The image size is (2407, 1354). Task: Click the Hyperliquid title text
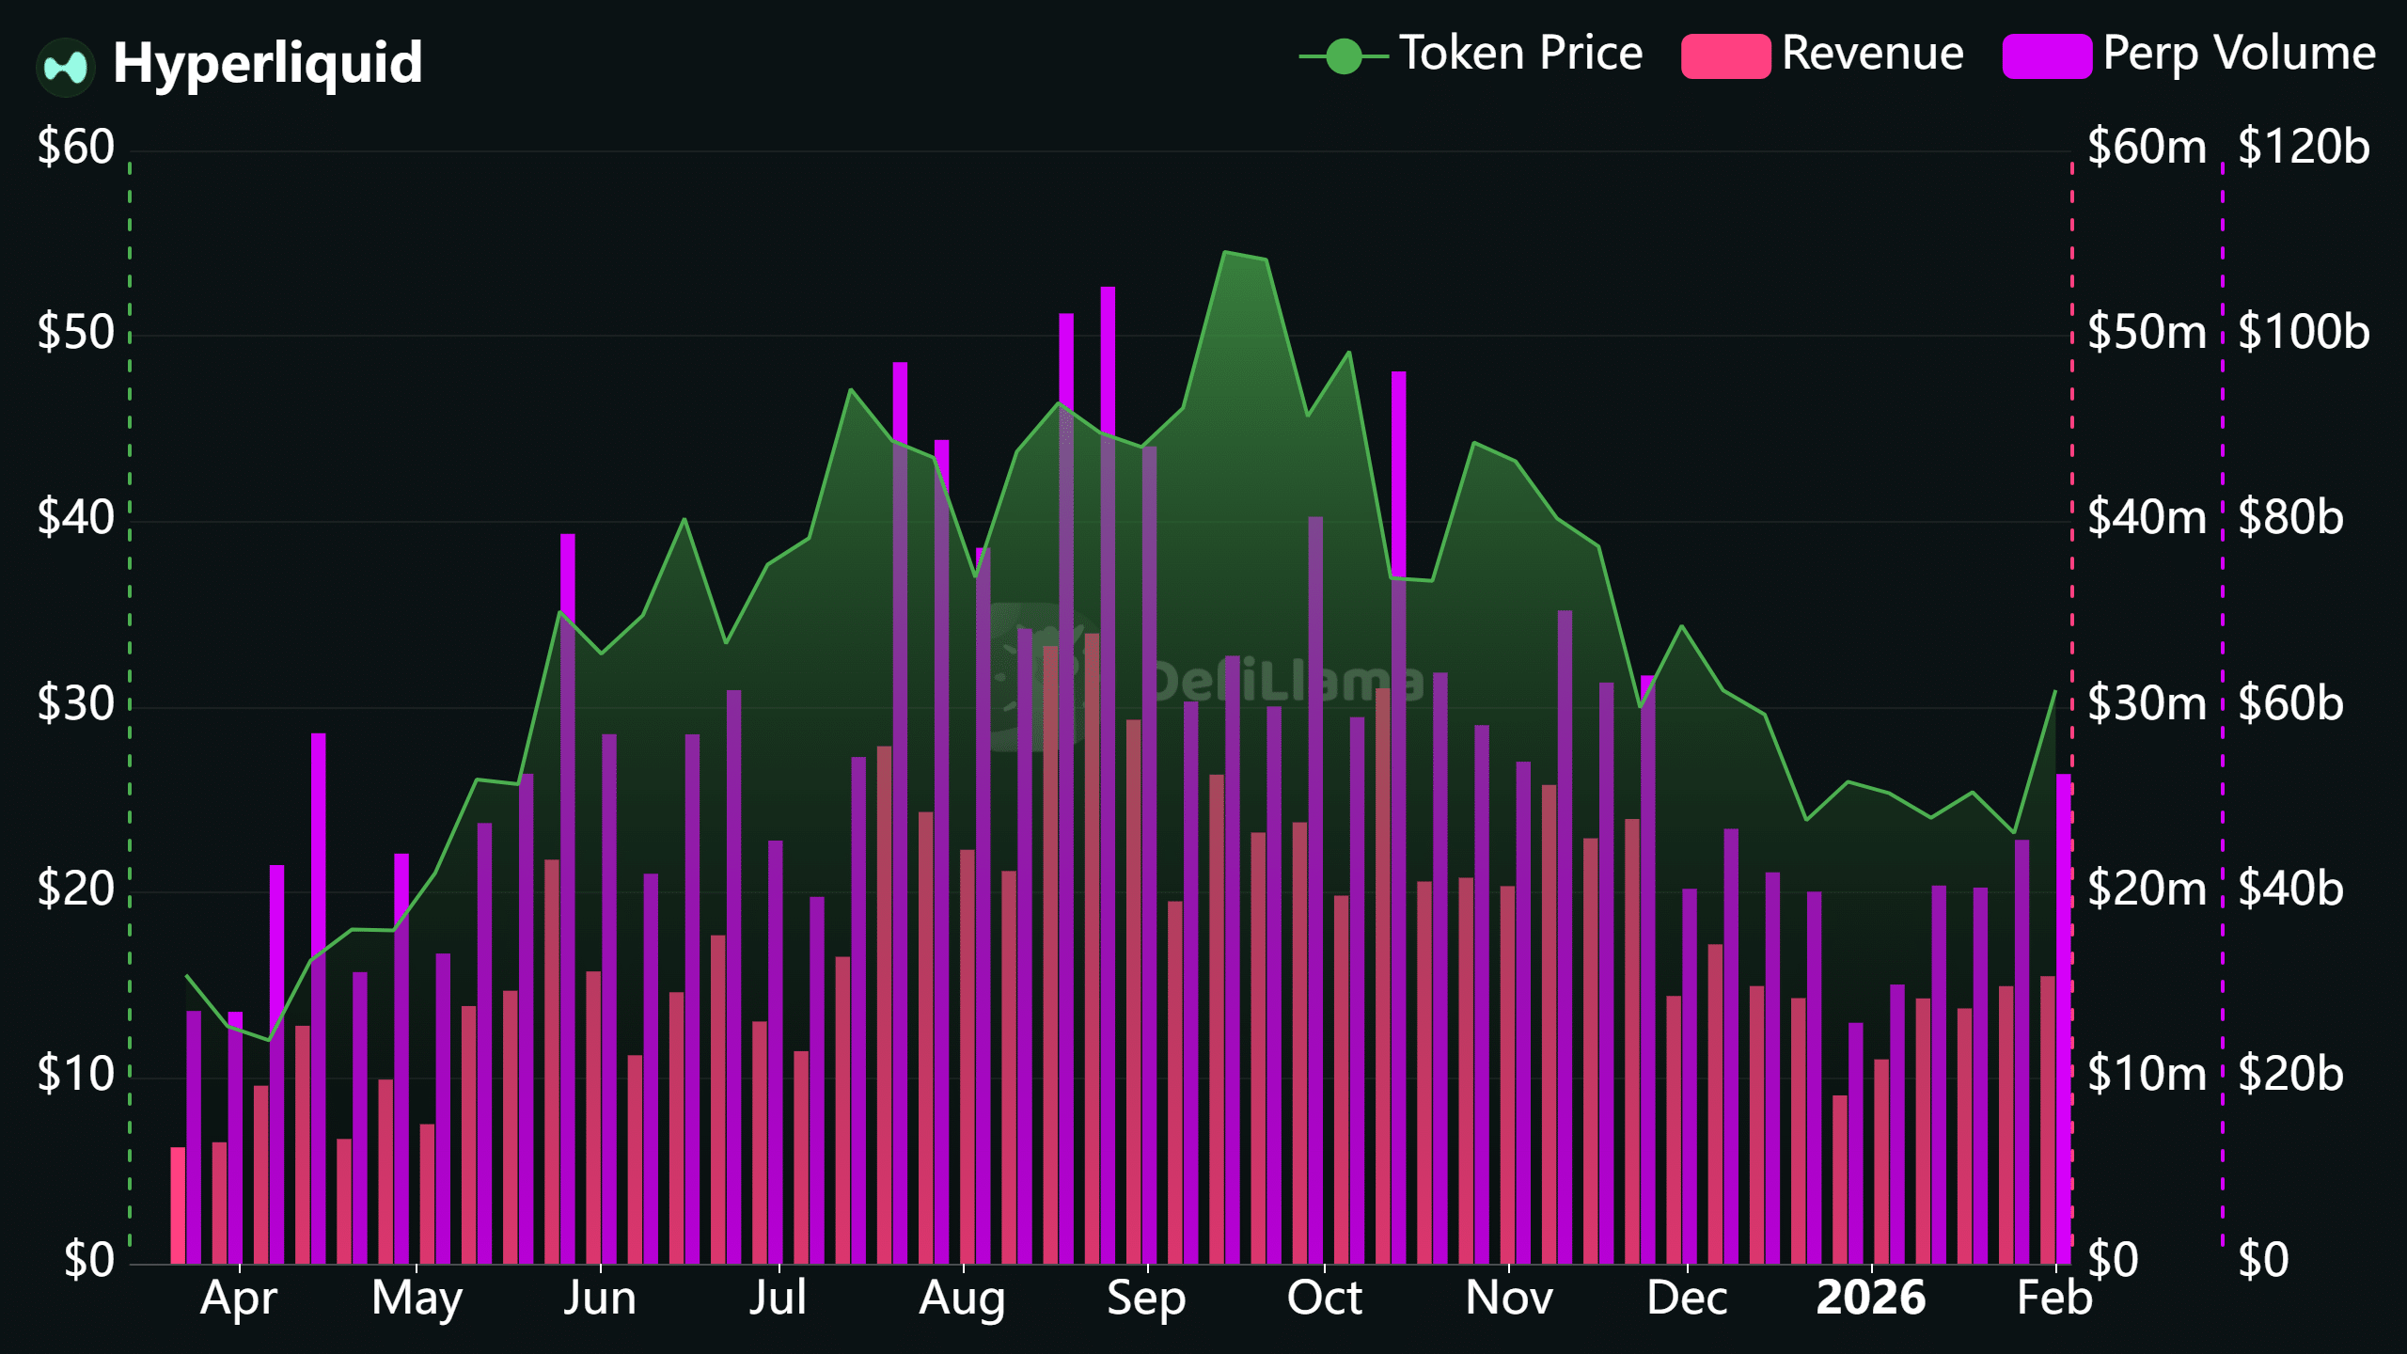coord(267,63)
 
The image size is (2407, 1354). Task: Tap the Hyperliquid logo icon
coord(66,67)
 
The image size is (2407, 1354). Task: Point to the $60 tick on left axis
coord(75,148)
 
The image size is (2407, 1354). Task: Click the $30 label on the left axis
coord(75,704)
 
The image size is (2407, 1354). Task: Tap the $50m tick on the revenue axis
coord(2146,333)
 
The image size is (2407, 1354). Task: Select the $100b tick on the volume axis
coord(2303,333)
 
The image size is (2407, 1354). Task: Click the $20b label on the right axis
coord(2290,1075)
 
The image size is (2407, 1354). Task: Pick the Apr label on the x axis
coord(239,1299)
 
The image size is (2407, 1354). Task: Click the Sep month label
coord(1145,1299)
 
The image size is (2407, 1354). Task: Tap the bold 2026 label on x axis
coord(1870,1299)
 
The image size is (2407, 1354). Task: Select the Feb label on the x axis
coord(2054,1299)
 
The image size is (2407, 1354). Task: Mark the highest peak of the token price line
coord(1225,252)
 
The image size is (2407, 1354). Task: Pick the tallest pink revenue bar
coord(1092,940)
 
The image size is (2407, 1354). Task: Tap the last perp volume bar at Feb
coord(2063,1015)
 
